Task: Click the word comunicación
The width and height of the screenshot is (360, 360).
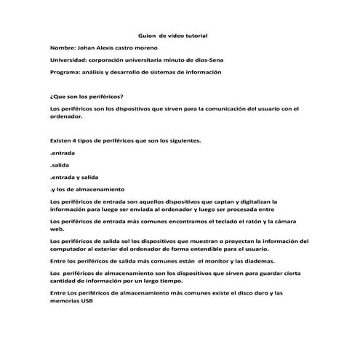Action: coord(222,109)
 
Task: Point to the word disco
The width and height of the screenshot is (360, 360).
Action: coord(240,292)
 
